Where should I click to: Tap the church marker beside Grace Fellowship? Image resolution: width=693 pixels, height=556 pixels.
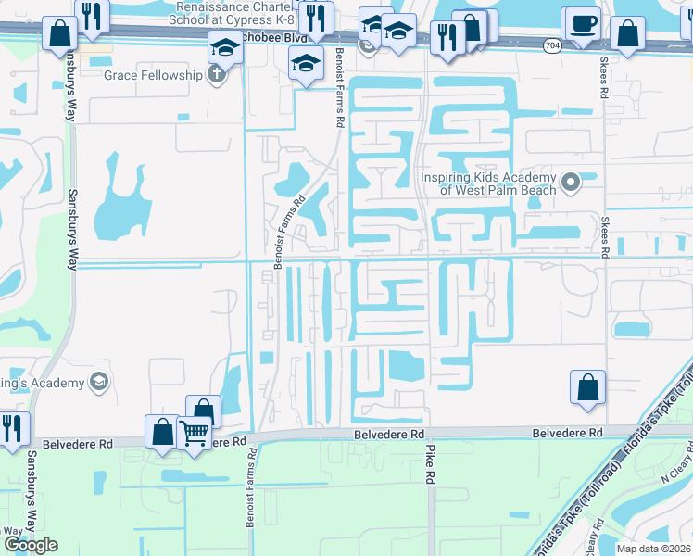click(218, 75)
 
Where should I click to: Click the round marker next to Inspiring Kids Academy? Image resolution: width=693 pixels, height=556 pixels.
click(571, 183)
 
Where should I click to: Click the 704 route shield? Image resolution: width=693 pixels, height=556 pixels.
click(552, 44)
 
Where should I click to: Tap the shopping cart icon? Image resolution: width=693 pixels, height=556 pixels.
click(194, 432)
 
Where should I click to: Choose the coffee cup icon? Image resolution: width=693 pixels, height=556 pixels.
click(583, 22)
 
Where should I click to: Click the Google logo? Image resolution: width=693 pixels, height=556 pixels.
click(30, 545)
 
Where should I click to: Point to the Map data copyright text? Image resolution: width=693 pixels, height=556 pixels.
click(655, 548)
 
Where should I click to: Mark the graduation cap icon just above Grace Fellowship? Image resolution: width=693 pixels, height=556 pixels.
click(225, 46)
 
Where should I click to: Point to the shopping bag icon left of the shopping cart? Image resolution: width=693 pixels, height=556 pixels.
click(162, 432)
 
